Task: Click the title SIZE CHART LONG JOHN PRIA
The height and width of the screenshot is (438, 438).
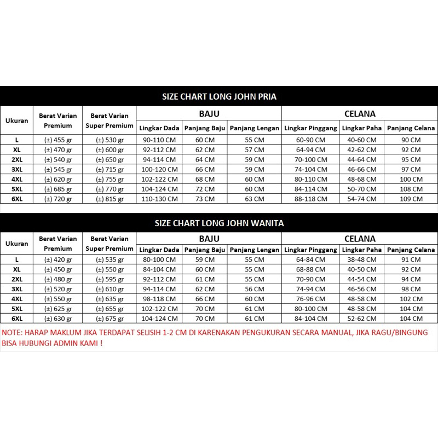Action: [x=219, y=97]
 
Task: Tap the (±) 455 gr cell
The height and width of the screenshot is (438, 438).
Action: [x=57, y=140]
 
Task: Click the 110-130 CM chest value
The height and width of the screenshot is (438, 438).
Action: [x=159, y=199]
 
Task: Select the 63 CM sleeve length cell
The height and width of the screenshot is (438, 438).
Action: [x=254, y=199]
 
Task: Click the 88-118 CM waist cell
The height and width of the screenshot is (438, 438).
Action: [x=310, y=199]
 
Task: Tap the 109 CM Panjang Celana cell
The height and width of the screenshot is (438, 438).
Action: [x=411, y=199]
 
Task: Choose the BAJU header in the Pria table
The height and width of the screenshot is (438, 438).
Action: [x=209, y=114]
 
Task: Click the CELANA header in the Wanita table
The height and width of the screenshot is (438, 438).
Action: [x=360, y=239]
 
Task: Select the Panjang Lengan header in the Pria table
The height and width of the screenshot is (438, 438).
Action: [x=254, y=128]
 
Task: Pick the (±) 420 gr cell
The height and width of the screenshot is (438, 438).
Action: [x=57, y=259]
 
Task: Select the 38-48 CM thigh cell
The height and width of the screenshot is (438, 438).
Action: [x=361, y=259]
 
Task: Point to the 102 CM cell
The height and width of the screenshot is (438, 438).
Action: [x=411, y=298]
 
